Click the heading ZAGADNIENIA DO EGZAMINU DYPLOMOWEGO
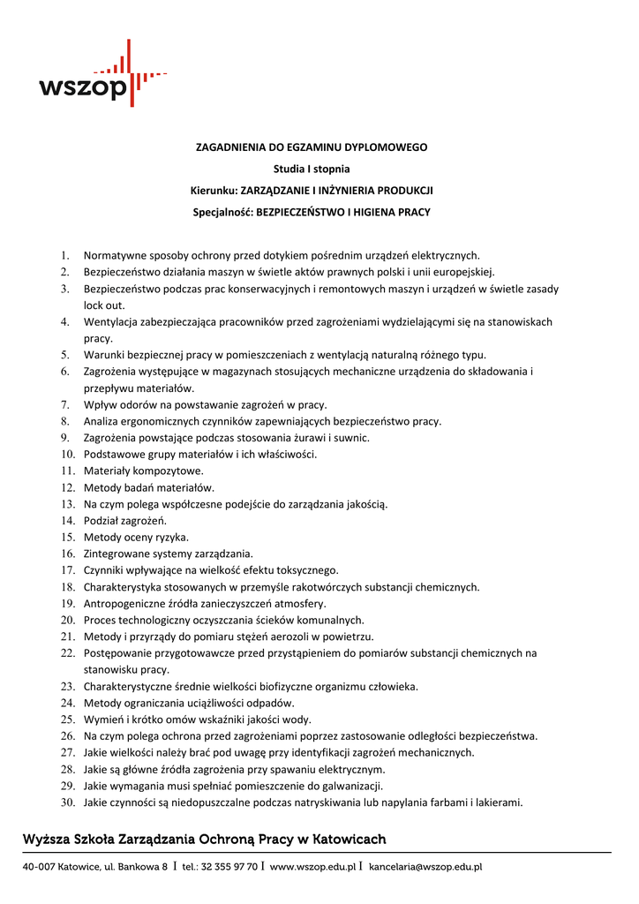point(312,147)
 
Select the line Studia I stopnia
point(312,169)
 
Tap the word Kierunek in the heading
point(213,190)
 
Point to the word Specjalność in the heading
point(222,212)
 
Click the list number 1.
point(64,256)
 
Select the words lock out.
point(104,305)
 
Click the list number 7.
point(64,405)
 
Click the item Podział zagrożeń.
point(124,521)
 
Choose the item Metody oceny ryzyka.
point(136,538)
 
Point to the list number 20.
point(67,621)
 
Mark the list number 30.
point(67,802)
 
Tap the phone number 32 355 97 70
point(229,868)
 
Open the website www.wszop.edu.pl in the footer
point(312,868)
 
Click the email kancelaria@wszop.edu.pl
point(425,868)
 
